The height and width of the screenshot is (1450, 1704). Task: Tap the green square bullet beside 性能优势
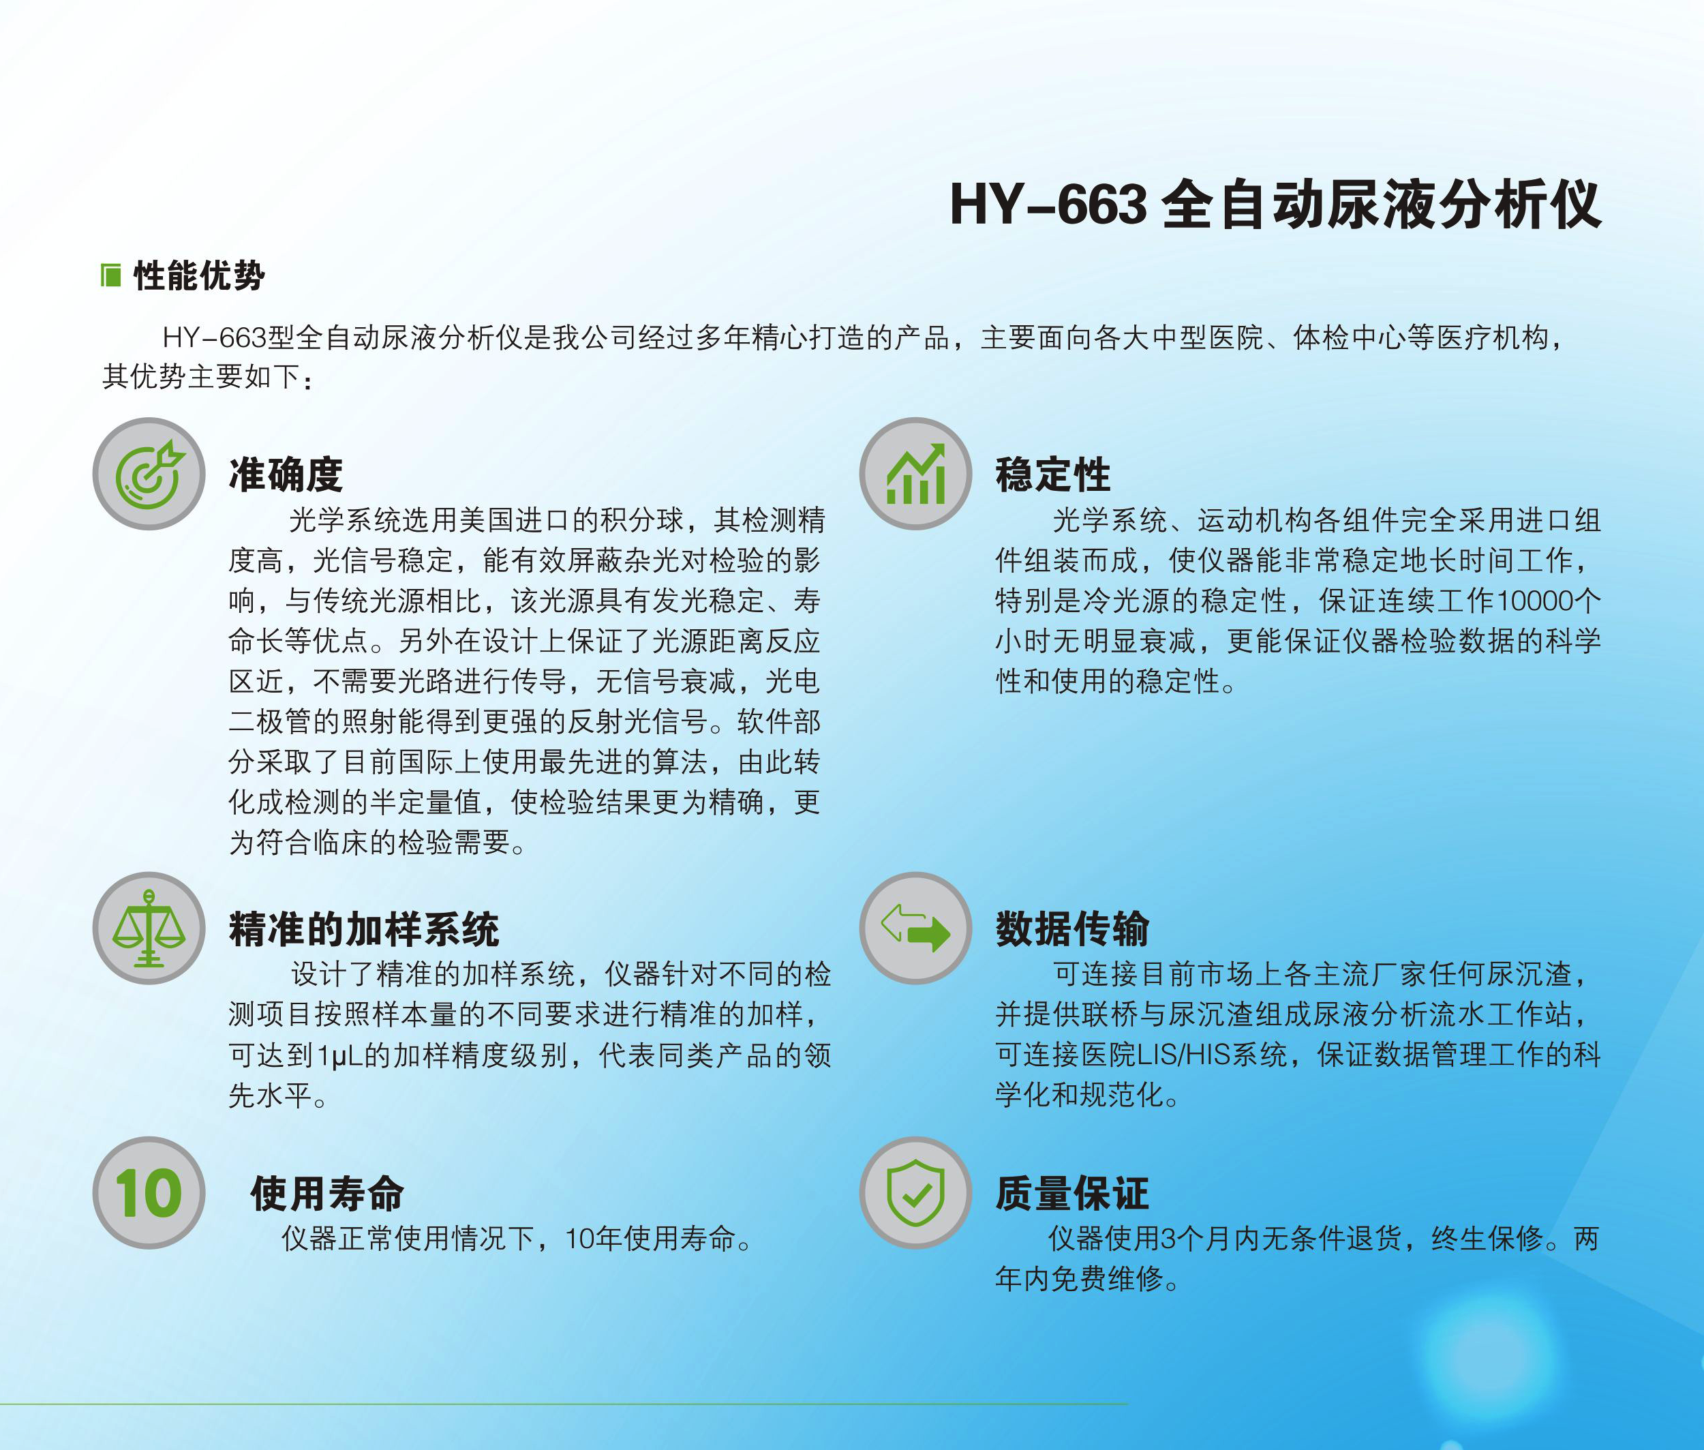111,276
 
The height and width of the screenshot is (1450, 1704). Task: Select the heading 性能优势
199,276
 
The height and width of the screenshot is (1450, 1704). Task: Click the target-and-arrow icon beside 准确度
149,474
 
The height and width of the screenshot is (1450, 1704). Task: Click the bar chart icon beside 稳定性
915,474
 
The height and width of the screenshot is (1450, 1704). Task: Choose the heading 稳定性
1052,474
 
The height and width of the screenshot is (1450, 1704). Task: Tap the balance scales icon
149,928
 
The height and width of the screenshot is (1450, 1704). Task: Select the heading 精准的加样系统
363,930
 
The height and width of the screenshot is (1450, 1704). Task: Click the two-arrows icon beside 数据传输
915,928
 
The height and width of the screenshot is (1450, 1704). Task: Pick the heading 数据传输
1072,930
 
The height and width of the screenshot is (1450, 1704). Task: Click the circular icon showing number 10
149,1193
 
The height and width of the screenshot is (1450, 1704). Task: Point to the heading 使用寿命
327,1194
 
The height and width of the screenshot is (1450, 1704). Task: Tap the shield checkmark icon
915,1193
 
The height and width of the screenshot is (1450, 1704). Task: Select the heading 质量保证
1072,1194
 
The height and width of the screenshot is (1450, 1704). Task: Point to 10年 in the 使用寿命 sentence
594,1239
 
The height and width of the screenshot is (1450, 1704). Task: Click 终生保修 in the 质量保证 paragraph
1487,1239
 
